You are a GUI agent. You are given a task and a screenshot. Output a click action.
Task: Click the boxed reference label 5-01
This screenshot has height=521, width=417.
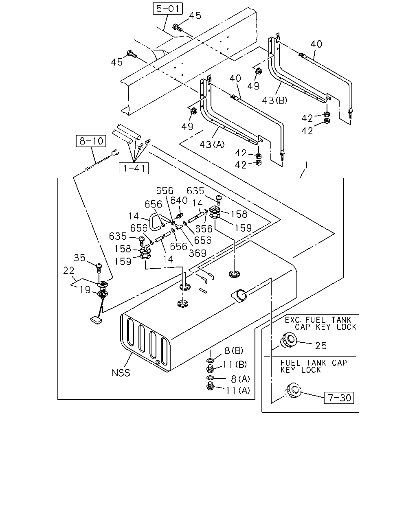tap(167, 9)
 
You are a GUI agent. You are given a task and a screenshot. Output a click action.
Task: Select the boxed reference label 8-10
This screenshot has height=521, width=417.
tap(91, 141)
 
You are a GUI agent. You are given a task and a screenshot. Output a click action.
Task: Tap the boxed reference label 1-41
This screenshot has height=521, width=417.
tap(134, 168)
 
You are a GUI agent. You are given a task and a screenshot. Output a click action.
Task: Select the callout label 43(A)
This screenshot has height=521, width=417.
tap(212, 144)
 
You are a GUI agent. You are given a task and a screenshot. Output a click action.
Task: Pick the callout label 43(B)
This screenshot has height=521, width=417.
tap(275, 100)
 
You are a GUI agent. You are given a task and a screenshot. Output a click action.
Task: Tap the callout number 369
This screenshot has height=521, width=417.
tap(198, 253)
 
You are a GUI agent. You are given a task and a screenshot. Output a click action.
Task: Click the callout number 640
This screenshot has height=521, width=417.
tap(179, 200)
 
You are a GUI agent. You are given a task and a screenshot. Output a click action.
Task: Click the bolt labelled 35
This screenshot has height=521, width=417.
tap(99, 268)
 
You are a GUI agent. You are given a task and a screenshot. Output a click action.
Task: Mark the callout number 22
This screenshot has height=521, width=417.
tap(68, 270)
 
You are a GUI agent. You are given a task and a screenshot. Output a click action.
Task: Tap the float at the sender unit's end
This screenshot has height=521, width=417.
tap(96, 320)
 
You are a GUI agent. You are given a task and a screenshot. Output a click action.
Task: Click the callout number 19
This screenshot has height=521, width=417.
tap(85, 289)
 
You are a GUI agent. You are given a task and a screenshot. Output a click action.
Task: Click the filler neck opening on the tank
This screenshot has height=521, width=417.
tap(239, 296)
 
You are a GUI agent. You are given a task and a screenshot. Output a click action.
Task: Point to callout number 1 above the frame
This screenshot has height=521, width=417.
tap(307, 165)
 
